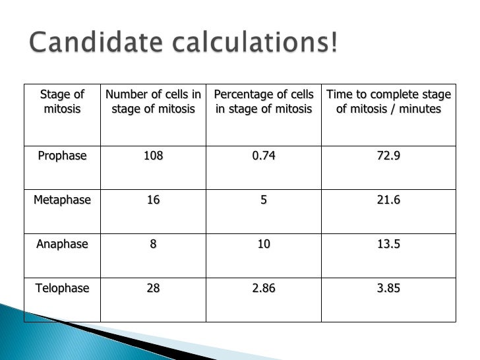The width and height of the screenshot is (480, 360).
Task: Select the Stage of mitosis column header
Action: (63, 102)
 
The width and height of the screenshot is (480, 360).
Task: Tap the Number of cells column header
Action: (153, 102)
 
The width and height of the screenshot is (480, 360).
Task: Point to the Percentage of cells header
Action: (264, 102)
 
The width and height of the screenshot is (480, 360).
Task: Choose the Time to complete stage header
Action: (389, 102)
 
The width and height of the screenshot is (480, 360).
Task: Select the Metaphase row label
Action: (62, 200)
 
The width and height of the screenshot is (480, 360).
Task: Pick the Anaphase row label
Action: (62, 244)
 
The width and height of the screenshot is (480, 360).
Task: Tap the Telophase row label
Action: (62, 288)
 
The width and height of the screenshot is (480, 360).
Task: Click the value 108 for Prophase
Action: (153, 156)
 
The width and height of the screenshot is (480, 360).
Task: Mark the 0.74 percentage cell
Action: (264, 156)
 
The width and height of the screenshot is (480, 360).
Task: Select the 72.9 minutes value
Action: (389, 156)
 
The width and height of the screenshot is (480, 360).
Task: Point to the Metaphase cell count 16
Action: (153, 200)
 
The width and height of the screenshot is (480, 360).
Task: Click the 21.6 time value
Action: (389, 200)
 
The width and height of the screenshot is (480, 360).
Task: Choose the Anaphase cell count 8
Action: (153, 244)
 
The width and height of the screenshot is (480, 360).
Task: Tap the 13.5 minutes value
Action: (389, 244)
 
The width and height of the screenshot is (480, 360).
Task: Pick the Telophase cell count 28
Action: (153, 288)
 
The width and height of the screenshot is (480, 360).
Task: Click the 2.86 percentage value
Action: (264, 288)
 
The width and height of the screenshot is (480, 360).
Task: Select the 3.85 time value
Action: (389, 288)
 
